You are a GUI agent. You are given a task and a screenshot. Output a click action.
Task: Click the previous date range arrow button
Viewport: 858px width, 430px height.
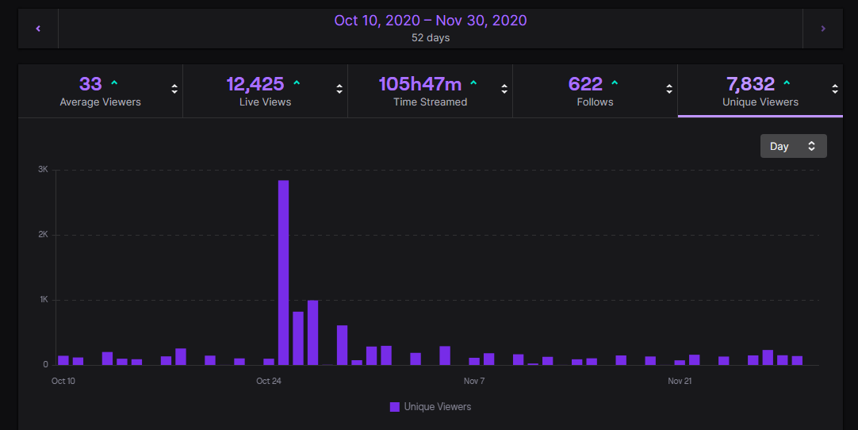point(38,29)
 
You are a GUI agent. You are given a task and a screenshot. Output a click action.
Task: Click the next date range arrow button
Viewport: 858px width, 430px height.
point(822,29)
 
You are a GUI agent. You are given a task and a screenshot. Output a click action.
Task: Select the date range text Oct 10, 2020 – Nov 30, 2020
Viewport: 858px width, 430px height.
point(430,21)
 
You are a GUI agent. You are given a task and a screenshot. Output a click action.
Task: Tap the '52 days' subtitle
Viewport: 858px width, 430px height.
point(430,37)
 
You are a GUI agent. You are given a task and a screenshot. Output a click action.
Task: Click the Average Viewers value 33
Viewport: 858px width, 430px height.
point(90,83)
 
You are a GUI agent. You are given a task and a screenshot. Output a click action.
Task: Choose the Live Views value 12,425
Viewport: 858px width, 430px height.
point(255,83)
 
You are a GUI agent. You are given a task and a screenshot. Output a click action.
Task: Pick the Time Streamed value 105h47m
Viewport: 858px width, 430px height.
point(419,83)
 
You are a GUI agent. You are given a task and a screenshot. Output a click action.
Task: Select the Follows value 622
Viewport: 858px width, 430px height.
point(585,83)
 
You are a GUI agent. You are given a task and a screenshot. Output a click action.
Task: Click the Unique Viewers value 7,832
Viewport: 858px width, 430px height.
point(749,83)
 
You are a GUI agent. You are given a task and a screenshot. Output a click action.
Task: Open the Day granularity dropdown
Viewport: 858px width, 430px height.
point(793,146)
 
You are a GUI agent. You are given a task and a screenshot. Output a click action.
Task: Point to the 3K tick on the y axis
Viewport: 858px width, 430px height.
point(43,170)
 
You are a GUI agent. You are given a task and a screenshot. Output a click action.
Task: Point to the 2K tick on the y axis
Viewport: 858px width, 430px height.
point(43,235)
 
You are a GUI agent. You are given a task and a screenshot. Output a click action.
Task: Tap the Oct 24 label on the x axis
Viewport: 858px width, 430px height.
point(269,382)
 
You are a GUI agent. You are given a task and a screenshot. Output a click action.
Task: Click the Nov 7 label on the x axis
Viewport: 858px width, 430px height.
point(474,382)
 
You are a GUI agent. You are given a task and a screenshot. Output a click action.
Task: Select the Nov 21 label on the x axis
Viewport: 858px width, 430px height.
point(680,382)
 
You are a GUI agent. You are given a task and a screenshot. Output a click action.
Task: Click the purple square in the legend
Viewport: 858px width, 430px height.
point(395,407)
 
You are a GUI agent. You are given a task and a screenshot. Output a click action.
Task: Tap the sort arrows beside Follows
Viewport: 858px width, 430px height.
point(669,90)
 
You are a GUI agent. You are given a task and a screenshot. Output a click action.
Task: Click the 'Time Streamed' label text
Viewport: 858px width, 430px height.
point(430,102)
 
